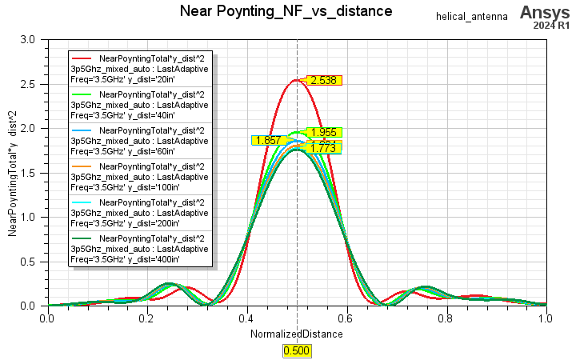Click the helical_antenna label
coord(472,17)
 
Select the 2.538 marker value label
coord(324,80)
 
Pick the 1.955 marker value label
coord(324,133)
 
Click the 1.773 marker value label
coord(324,147)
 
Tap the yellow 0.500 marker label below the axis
coord(296,350)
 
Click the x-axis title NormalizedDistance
coord(297,334)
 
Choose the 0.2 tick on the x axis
coord(147,318)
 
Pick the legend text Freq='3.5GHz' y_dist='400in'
coord(125,260)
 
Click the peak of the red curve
coord(296,80)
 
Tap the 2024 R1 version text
coord(551,26)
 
